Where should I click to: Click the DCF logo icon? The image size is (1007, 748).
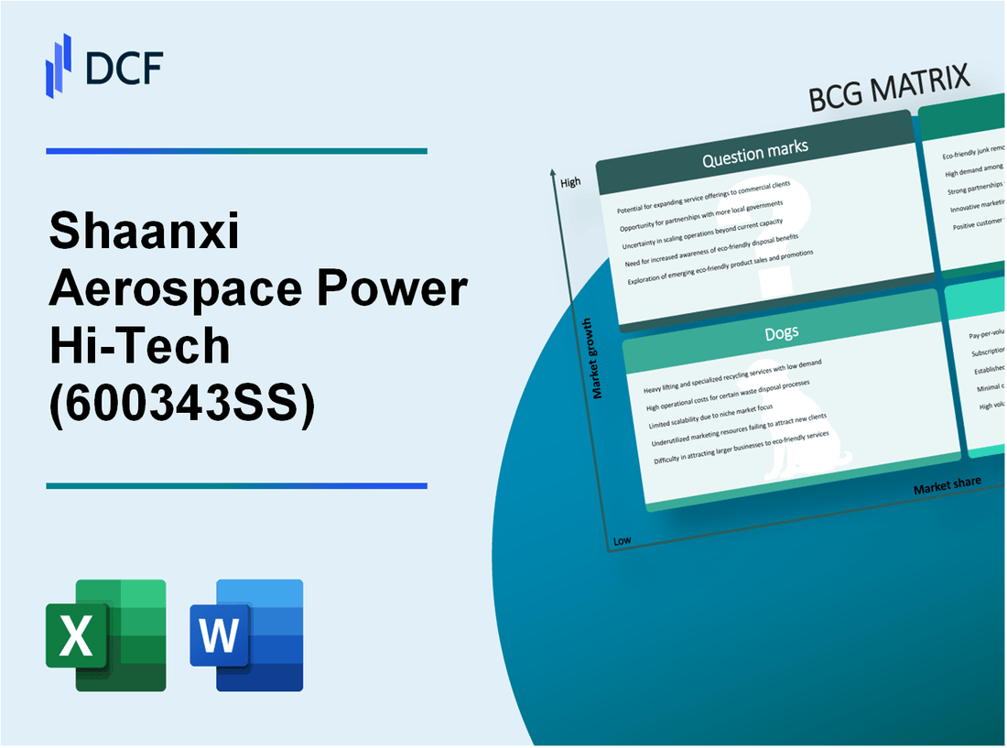tap(59, 65)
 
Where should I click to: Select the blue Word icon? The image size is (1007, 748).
tap(247, 634)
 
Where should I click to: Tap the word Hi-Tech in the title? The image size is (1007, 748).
tap(139, 345)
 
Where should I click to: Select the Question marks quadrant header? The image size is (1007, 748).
tap(755, 153)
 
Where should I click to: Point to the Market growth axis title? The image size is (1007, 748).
tap(597, 358)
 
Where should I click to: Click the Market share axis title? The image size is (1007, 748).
tap(947, 485)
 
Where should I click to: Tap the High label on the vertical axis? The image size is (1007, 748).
tap(570, 182)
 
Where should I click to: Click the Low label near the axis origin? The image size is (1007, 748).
tap(623, 540)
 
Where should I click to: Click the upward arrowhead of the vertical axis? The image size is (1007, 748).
tap(553, 173)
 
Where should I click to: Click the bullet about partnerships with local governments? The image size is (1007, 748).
tap(701, 214)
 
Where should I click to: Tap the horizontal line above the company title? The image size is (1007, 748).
tap(236, 151)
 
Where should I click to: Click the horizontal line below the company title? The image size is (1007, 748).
tap(236, 486)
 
